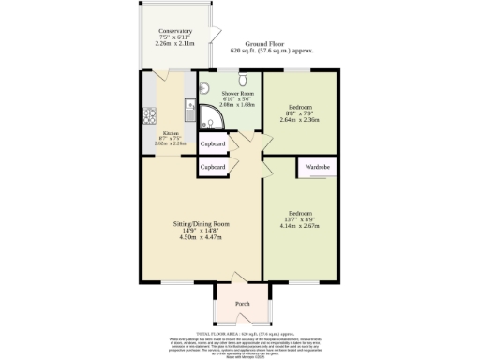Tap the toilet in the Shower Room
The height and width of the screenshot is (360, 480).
pos(241,80)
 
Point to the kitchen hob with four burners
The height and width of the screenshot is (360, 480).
pos(148,116)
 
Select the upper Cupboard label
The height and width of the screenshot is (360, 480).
pos(213,144)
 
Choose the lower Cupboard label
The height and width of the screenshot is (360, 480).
pos(213,166)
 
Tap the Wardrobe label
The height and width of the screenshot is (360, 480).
pos(318,167)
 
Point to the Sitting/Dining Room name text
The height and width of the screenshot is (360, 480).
pos(201,224)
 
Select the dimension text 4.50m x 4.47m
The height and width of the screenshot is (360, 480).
pos(201,238)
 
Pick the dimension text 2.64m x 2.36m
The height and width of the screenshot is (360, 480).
pos(300,120)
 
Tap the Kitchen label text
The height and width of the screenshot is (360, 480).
pos(170,133)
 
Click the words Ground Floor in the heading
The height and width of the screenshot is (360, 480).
pos(265,44)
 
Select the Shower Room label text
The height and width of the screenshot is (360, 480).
pos(237,95)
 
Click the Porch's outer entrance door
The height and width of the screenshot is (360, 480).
pos(242,323)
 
